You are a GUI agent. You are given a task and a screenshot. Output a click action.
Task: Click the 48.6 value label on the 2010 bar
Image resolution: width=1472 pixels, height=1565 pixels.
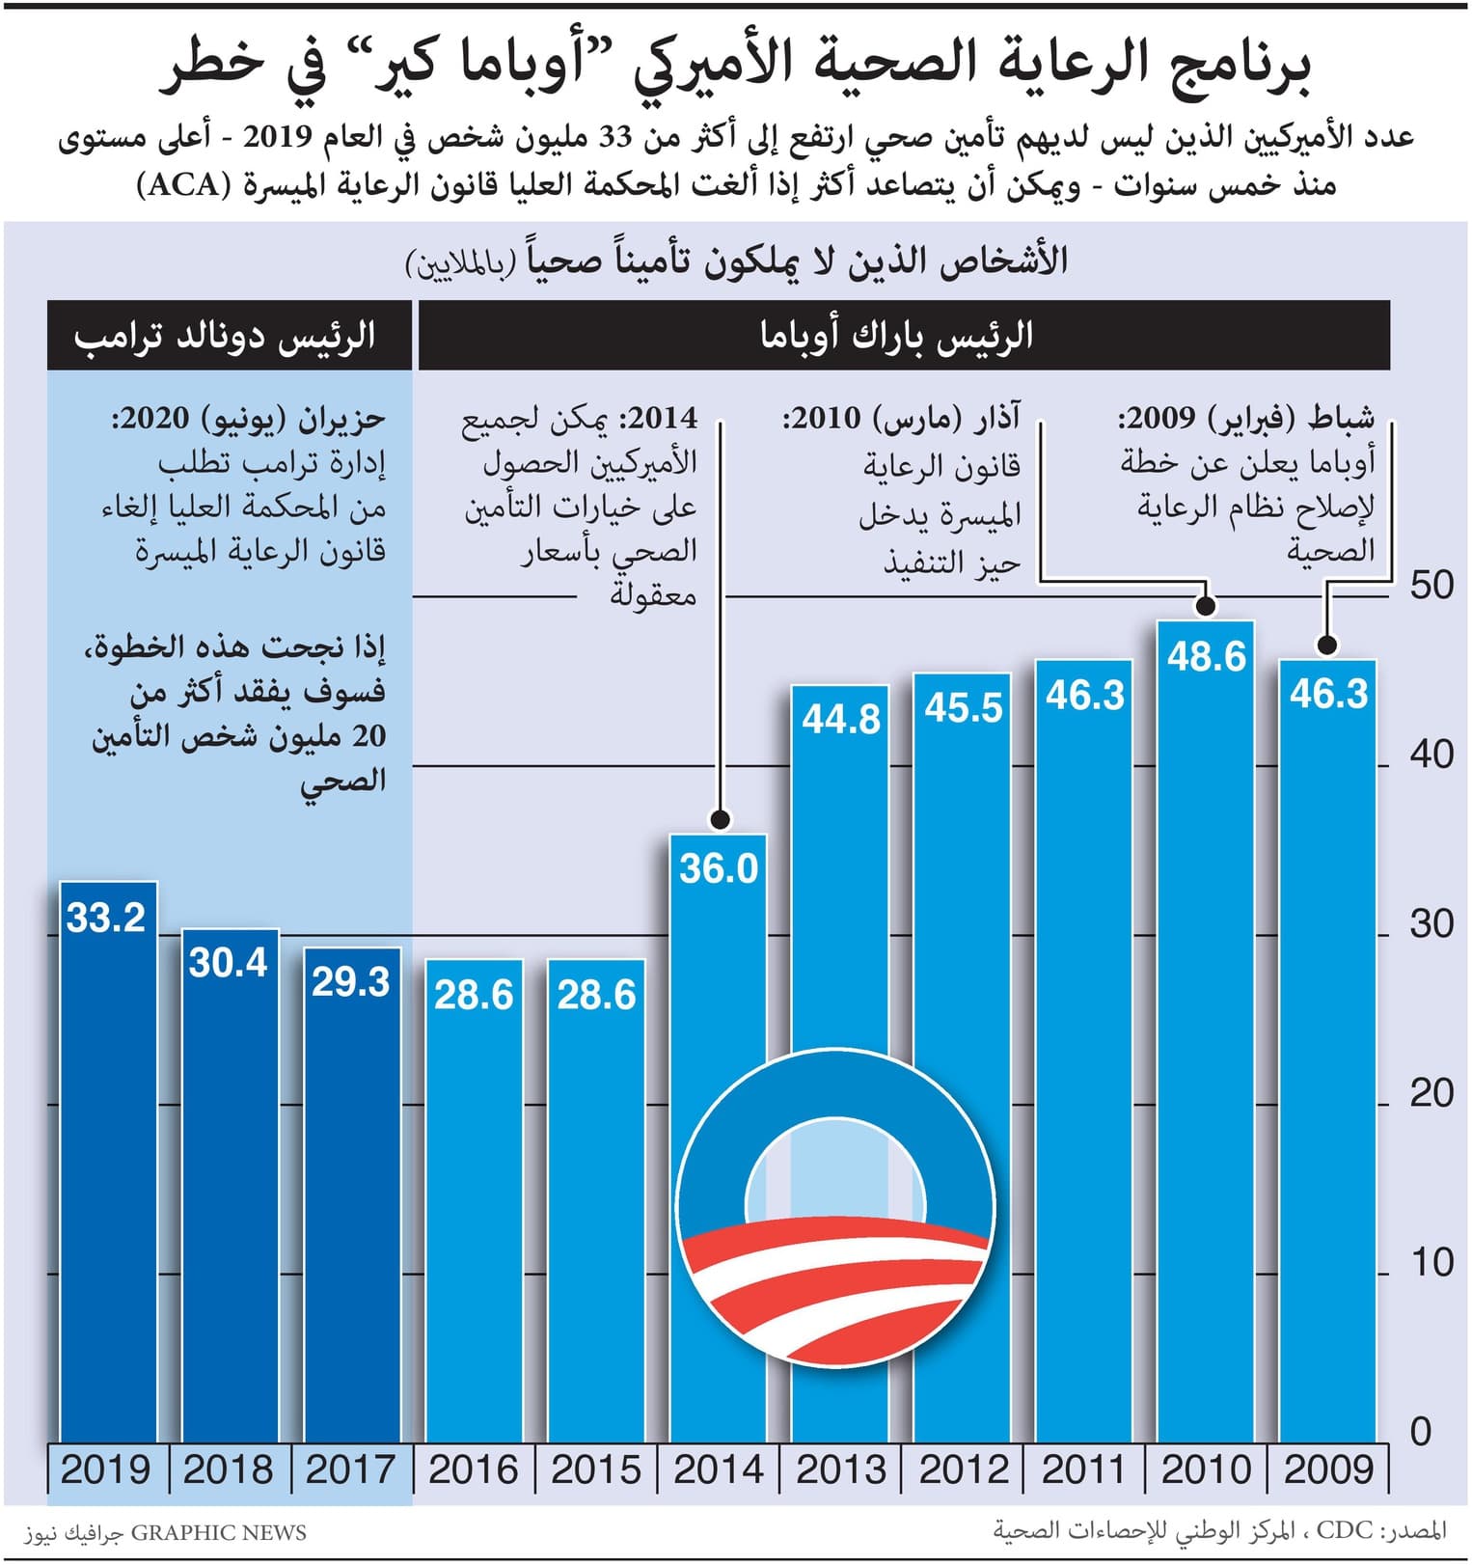pyautogui.click(x=1206, y=657)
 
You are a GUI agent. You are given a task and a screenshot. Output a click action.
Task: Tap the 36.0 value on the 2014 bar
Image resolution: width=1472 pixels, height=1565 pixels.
pyautogui.click(x=719, y=868)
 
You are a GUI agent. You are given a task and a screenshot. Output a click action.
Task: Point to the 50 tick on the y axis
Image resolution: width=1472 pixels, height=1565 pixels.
pyautogui.click(x=1431, y=585)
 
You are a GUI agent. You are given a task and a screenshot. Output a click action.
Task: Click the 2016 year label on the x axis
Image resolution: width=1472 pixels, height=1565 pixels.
pyautogui.click(x=474, y=1469)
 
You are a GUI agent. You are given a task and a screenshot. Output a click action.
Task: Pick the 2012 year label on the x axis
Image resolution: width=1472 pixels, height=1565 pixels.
pyautogui.click(x=963, y=1469)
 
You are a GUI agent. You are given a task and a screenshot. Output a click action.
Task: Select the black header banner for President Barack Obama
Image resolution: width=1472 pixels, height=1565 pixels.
pyautogui.click(x=902, y=336)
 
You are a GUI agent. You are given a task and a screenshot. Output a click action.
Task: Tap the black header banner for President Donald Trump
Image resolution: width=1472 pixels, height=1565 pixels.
pyautogui.click(x=229, y=336)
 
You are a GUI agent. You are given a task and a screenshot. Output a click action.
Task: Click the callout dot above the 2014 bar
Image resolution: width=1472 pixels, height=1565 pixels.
pyautogui.click(x=719, y=820)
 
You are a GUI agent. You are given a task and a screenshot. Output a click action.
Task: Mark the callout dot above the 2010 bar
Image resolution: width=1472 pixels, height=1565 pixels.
pyautogui.click(x=1205, y=606)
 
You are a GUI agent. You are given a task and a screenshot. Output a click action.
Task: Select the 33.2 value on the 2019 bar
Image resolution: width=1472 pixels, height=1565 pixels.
pyautogui.click(x=106, y=917)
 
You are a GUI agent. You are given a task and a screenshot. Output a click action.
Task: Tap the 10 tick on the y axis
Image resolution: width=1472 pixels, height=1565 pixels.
pyautogui.click(x=1431, y=1262)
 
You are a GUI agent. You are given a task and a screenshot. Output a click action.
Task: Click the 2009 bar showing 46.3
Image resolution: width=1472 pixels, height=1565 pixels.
pyautogui.click(x=1327, y=1061)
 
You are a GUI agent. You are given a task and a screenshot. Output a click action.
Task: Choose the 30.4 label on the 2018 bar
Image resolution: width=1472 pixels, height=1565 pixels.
pyautogui.click(x=229, y=962)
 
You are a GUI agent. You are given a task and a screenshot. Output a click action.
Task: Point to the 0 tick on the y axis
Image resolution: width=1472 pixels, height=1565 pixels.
pyautogui.click(x=1421, y=1431)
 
